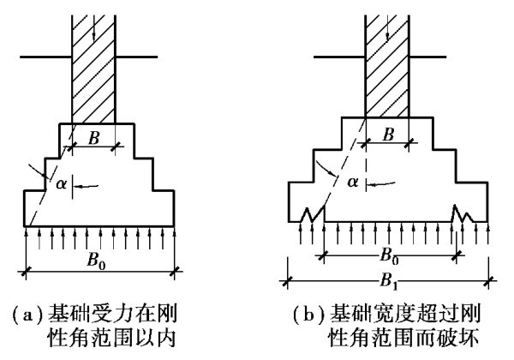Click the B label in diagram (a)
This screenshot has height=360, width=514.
[95, 138]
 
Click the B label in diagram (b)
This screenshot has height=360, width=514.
[388, 135]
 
